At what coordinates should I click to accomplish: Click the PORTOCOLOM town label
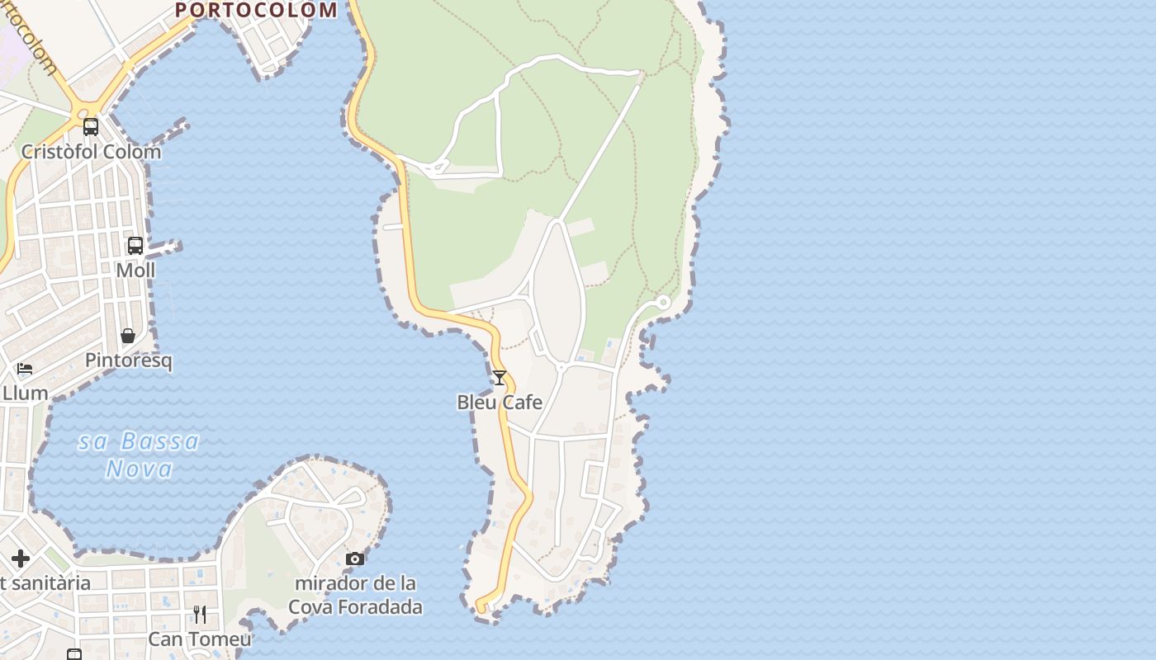256,10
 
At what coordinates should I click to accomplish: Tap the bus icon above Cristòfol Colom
91,127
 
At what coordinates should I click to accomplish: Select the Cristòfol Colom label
91,152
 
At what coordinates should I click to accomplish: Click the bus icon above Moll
135,246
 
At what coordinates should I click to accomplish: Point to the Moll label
135,271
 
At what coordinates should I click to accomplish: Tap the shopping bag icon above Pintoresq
128,336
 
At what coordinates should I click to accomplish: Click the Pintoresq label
129,361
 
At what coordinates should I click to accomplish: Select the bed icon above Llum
25,369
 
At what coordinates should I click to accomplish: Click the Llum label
25,393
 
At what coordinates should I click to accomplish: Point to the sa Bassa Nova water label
140,455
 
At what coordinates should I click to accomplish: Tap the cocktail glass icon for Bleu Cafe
500,378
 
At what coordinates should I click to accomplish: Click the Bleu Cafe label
500,403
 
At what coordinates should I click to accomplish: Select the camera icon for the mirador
355,559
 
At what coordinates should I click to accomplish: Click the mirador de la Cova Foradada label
355,595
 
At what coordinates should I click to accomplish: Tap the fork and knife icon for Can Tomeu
200,615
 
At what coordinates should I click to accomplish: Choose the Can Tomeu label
200,639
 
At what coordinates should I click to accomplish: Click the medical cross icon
21,559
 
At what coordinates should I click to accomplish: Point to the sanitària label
45,583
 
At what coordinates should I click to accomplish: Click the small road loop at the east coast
662,303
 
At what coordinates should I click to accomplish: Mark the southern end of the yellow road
480,610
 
